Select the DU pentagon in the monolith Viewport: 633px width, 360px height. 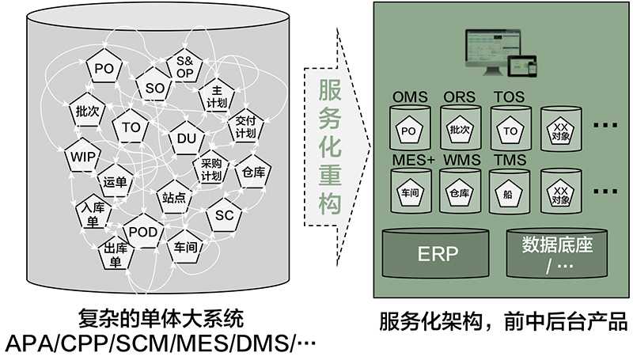(186, 139)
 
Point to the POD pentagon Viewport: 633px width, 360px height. (142, 231)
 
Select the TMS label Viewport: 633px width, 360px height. (510, 161)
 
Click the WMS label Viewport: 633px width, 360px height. (461, 161)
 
